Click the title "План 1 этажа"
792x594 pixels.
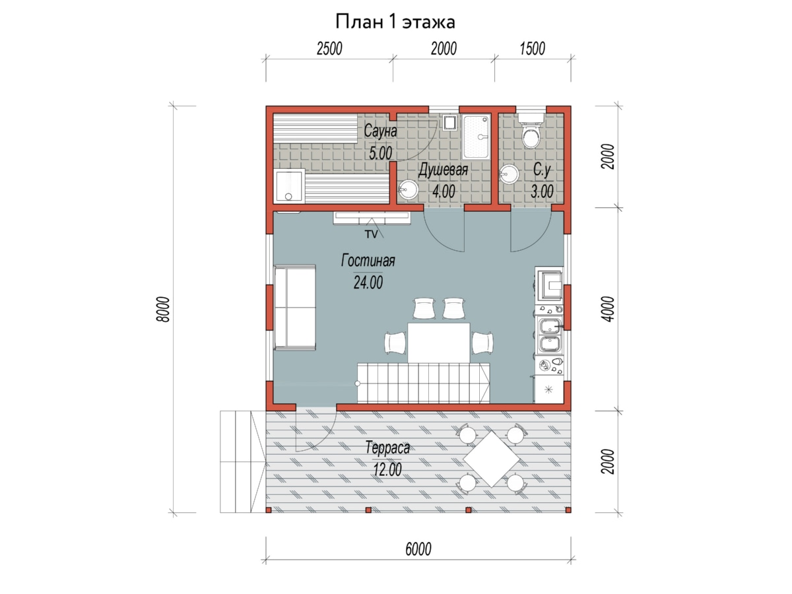(x=395, y=22)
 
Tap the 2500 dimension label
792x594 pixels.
(x=329, y=49)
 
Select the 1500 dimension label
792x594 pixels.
(x=532, y=49)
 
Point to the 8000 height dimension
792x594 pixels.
(x=164, y=309)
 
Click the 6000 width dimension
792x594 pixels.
(x=418, y=549)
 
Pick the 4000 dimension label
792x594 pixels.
(x=608, y=309)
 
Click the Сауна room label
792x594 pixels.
(x=380, y=131)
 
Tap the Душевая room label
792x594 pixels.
(x=443, y=170)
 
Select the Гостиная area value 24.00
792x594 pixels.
(x=368, y=282)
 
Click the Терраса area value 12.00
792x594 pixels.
(x=387, y=470)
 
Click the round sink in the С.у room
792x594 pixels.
(x=510, y=174)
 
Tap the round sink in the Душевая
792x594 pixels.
(x=408, y=189)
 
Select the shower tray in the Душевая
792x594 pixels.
(x=477, y=137)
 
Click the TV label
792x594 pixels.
(x=372, y=234)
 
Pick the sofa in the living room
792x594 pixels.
(x=295, y=308)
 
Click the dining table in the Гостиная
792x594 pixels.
(x=439, y=343)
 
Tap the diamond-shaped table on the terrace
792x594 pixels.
(x=492, y=459)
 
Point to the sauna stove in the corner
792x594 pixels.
(x=289, y=186)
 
